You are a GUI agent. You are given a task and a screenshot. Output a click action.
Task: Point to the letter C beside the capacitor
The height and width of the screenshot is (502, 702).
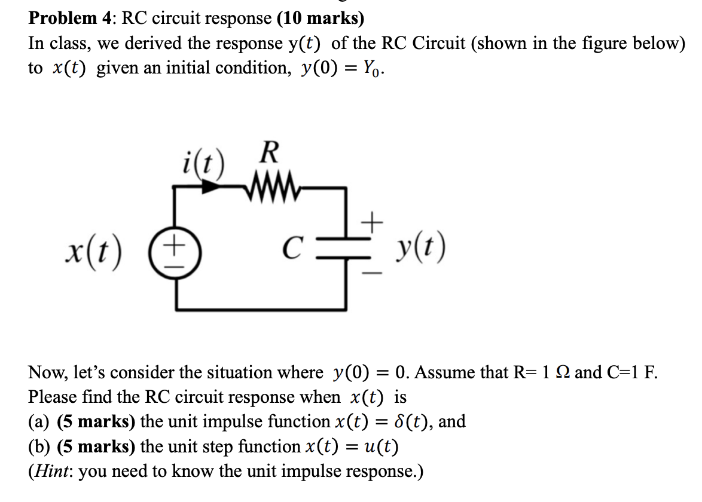click(292, 246)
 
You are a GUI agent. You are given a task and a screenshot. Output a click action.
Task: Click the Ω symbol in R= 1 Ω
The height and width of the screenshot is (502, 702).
click(562, 373)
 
